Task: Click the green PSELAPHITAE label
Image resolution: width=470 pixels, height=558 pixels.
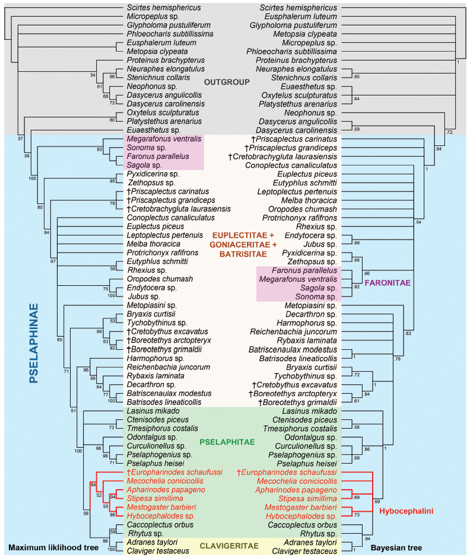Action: pos(227,442)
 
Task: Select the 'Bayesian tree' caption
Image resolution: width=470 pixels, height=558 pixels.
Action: pos(396,548)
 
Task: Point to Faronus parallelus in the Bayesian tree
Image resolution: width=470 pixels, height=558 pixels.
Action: pos(304,270)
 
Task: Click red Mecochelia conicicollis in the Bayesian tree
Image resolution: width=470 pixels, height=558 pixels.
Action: pos(297,481)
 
